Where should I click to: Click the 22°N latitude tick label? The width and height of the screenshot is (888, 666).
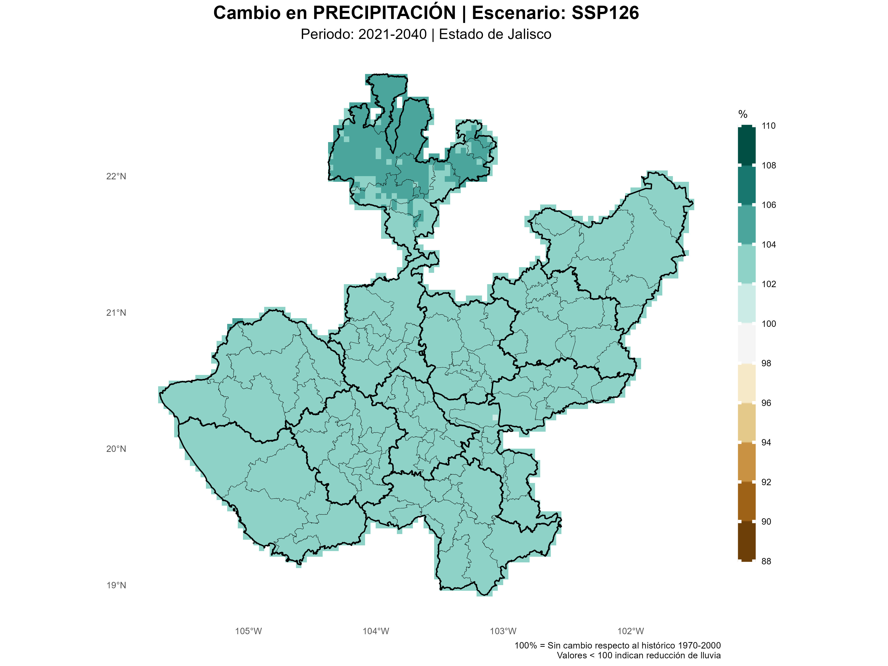click(x=116, y=176)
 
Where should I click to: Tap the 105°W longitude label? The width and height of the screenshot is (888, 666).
click(x=248, y=631)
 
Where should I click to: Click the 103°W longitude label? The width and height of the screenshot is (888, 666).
click(x=503, y=631)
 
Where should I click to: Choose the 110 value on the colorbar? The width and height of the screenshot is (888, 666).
click(x=768, y=126)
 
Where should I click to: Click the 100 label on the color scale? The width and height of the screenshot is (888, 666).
click(x=768, y=324)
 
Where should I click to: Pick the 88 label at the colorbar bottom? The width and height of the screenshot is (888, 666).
click(x=766, y=561)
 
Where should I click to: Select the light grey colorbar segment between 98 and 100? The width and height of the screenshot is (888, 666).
click(x=746, y=343)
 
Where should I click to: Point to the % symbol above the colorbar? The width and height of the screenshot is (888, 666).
click(x=743, y=114)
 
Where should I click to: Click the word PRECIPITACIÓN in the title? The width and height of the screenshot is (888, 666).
click(x=384, y=13)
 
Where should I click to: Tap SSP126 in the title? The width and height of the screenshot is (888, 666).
click(x=605, y=13)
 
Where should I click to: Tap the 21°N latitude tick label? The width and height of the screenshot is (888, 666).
click(x=116, y=313)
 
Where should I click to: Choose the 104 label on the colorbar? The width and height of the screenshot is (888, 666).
click(x=768, y=244)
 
